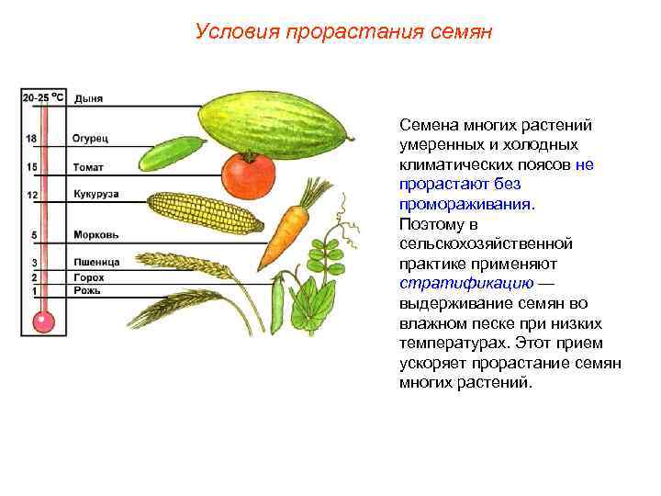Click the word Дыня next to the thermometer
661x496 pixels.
(88, 98)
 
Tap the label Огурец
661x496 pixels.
(91, 139)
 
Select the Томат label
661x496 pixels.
(88, 167)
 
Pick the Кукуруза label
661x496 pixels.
(96, 195)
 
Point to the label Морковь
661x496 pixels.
(95, 235)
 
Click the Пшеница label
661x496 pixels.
(96, 263)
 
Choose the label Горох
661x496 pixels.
(89, 276)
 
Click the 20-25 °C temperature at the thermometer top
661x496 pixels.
(43, 96)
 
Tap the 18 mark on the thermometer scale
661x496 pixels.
(31, 139)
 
